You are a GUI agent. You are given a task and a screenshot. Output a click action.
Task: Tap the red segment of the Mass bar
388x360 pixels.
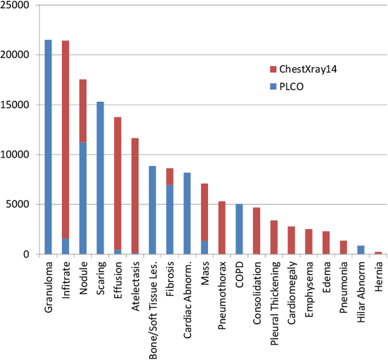click(204, 212)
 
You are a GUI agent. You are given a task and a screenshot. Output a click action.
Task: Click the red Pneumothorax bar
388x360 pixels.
click(222, 227)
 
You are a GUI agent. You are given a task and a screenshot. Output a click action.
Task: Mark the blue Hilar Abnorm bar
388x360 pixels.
click(361, 250)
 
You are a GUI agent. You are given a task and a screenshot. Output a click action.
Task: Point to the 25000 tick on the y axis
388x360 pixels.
click(18, 5)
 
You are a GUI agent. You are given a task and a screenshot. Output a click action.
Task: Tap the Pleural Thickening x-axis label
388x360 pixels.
click(274, 291)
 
